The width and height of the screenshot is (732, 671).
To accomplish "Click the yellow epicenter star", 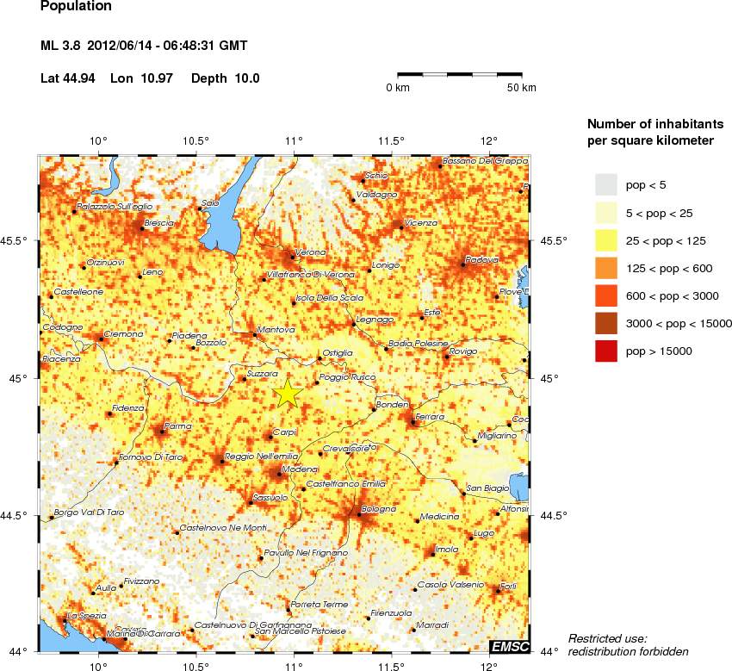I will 288,394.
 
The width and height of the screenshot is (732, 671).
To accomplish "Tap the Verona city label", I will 311,252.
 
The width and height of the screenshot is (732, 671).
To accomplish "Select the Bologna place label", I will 378,509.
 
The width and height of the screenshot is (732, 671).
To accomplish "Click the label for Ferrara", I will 429,417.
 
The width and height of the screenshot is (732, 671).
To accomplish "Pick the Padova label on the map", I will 481,259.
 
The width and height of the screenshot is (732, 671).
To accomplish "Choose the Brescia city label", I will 159,222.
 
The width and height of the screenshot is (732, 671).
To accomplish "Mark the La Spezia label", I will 85,615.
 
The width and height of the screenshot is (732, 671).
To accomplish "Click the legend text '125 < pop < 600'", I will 669,268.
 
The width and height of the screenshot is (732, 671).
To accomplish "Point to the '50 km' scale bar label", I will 521,88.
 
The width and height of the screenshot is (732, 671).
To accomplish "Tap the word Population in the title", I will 76,6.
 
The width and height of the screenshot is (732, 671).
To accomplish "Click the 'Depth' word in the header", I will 209,78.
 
